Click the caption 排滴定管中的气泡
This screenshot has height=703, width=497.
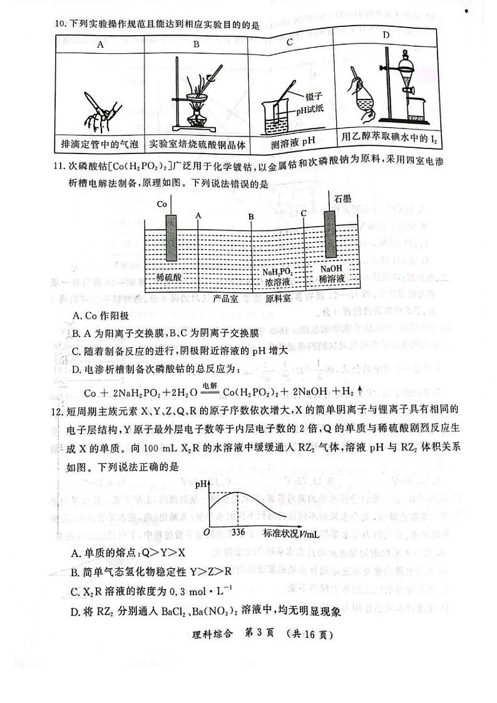tap(100, 143)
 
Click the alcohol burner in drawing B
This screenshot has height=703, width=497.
tap(195, 113)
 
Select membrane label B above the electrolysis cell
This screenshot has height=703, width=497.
tap(250, 216)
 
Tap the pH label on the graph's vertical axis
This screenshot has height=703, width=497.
tap(202, 484)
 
